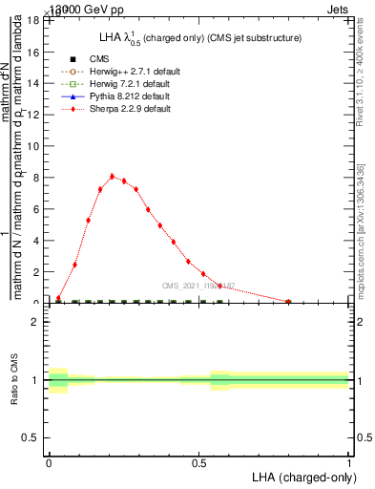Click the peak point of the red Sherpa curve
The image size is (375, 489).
coord(112,176)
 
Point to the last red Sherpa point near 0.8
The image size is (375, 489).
coord(288,302)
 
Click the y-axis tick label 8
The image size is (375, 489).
coord(35,177)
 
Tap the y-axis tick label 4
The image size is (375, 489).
coord(35,240)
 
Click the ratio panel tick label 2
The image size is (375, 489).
coord(35,322)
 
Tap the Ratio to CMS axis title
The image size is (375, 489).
coord(14,379)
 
